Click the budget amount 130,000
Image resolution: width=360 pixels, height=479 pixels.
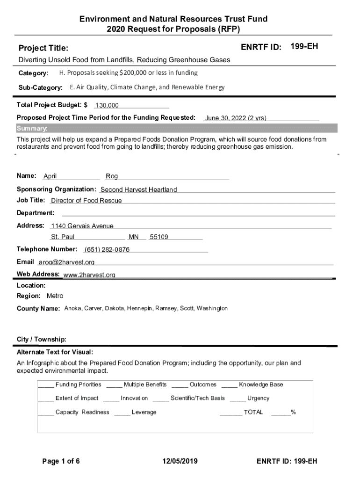pyautogui.click(x=107, y=106)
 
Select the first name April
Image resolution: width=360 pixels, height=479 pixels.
pyautogui.click(x=50, y=176)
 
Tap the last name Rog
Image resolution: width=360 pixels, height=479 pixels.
pyautogui.click(x=112, y=176)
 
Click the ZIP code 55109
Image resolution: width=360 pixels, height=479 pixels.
pyautogui.click(x=159, y=237)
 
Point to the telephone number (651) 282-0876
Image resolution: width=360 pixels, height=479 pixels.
pyautogui.click(x=107, y=249)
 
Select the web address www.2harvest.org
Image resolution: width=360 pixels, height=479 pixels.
pyautogui.click(x=89, y=275)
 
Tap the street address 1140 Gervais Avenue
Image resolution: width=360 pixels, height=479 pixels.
pyautogui.click(x=82, y=226)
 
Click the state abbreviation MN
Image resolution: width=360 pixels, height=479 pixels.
pyautogui.click(x=134, y=237)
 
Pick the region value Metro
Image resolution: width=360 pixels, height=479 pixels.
pyautogui.click(x=55, y=296)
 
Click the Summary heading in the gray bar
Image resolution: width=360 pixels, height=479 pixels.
pyautogui.click(x=32, y=129)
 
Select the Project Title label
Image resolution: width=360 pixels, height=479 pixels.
pyautogui.click(x=43, y=48)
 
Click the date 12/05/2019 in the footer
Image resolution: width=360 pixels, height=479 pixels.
pyautogui.click(x=180, y=461)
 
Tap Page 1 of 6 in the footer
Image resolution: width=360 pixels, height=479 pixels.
pyautogui.click(x=61, y=461)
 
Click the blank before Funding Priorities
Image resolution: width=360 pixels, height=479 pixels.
pyautogui.click(x=45, y=385)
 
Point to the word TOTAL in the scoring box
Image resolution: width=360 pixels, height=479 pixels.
pyautogui.click(x=253, y=412)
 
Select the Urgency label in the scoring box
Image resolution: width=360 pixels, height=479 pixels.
pyautogui.click(x=258, y=398)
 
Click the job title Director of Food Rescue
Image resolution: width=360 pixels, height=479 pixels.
pyautogui.click(x=86, y=201)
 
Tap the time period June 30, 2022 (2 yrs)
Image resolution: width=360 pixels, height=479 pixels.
pyautogui.click(x=236, y=118)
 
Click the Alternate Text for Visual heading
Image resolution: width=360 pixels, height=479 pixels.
pyautogui.click(x=55, y=352)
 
